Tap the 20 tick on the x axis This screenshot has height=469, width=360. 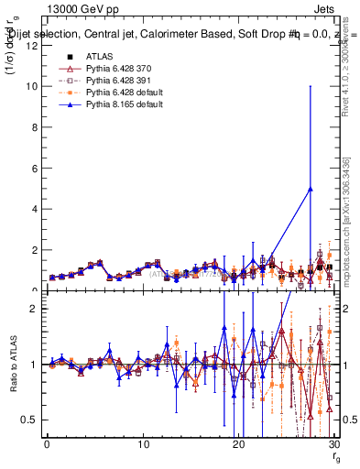coord(237,444)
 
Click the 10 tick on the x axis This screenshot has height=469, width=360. coord(142,444)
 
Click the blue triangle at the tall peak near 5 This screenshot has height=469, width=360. coord(311,189)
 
